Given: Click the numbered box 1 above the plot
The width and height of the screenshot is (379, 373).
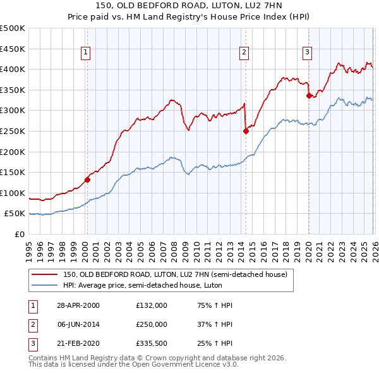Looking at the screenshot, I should (x=86, y=53).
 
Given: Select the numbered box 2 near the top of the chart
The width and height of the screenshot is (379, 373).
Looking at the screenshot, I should (x=244, y=53).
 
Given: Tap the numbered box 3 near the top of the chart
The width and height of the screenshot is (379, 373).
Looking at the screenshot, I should (x=307, y=53).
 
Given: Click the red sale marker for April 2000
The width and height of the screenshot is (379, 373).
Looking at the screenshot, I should (x=87, y=180).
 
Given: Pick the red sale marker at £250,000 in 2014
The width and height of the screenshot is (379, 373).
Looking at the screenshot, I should (x=246, y=131).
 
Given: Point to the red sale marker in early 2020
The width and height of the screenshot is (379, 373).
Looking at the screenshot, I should (x=309, y=96).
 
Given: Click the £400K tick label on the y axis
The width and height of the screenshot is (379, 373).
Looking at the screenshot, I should (x=13, y=70).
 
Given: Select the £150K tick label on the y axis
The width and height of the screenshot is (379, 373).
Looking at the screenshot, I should (x=13, y=173).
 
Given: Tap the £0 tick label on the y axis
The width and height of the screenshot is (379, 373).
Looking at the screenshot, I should (x=18, y=235).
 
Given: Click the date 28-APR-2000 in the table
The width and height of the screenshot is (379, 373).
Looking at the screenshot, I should (x=78, y=305).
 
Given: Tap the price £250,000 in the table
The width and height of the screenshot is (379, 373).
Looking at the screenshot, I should (x=152, y=324).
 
